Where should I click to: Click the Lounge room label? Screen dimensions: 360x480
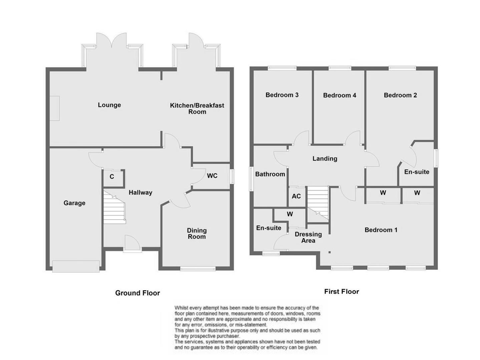click(x=109, y=105)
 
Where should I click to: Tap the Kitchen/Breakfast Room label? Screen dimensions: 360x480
click(x=197, y=108)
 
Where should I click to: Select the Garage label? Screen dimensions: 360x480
click(x=74, y=203)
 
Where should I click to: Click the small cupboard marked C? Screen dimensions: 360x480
click(x=112, y=177)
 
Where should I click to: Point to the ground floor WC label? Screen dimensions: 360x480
click(x=212, y=176)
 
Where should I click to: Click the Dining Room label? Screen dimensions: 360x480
click(x=196, y=233)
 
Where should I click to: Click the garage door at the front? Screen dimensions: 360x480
click(x=76, y=266)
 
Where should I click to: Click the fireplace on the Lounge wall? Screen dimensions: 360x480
click(x=55, y=108)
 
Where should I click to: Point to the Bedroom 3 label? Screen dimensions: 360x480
click(x=282, y=95)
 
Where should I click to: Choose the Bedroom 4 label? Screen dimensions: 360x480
click(x=340, y=95)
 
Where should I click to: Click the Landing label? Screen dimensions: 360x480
click(x=325, y=159)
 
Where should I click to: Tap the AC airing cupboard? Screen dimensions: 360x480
click(x=296, y=196)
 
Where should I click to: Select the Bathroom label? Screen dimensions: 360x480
click(x=270, y=174)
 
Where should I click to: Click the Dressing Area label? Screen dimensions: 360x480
click(x=308, y=237)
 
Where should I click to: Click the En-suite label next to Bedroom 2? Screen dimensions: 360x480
click(x=417, y=172)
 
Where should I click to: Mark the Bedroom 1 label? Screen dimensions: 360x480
click(x=381, y=230)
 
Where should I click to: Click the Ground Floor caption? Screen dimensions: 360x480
click(x=137, y=293)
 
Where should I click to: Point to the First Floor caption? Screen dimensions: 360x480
click(x=342, y=292)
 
